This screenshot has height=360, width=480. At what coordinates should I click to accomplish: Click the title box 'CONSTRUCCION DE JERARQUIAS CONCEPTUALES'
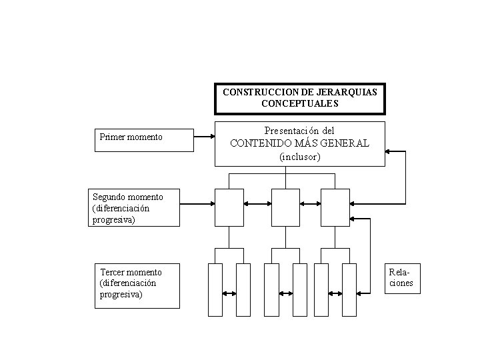coord(299,98)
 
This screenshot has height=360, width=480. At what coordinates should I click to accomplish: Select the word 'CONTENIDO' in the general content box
coord(263,143)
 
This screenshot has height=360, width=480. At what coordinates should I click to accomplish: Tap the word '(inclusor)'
coord(299,157)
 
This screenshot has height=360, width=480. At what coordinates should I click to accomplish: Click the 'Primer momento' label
coord(131,137)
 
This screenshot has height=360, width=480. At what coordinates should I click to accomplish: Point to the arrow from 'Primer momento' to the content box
coord(203,138)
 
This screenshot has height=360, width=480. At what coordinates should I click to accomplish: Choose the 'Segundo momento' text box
coord(135,207)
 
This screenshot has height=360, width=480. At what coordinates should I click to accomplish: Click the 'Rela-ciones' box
coord(401,279)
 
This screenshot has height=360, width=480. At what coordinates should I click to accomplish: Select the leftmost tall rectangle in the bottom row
coord(215,289)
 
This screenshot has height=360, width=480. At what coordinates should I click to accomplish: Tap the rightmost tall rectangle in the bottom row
coord(349,289)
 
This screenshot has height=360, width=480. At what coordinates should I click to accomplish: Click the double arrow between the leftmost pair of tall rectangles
coord(229,293)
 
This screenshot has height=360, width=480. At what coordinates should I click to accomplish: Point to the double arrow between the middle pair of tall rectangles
coord(285,293)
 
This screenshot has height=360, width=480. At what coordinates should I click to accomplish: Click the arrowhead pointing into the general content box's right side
coord(390,152)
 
